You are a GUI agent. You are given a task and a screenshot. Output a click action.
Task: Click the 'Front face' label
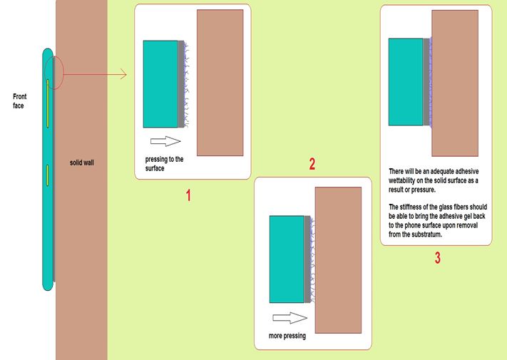point(19,101)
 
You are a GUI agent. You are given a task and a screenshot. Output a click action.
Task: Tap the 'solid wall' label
point(82,163)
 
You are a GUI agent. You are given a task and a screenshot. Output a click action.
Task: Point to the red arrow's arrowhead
point(123,74)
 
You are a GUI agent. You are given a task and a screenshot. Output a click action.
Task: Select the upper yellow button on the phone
point(48,103)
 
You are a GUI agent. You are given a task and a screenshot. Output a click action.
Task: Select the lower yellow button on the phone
point(47,175)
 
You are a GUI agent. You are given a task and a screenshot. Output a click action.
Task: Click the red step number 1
point(188,195)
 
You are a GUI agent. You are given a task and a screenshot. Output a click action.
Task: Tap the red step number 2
point(312,164)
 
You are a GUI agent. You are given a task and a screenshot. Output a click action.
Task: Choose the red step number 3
point(438,258)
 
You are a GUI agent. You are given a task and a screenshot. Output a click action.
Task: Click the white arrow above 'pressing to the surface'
point(165,141)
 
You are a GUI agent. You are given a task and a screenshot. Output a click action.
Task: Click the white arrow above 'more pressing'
point(290,318)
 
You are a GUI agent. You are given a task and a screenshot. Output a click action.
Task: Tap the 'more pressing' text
point(287,336)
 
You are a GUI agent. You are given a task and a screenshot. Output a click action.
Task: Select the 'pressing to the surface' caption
point(164,163)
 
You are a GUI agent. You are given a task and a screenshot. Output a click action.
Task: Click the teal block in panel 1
point(160,84)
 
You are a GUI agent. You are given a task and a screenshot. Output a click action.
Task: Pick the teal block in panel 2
point(287,259)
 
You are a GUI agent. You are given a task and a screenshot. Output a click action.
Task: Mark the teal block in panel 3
point(406,82)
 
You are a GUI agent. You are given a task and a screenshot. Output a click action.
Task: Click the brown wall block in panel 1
point(220,83)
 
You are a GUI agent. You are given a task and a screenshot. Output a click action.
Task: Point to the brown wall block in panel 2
point(338,259)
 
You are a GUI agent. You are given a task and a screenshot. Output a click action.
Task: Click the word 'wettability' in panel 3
point(402,180)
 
